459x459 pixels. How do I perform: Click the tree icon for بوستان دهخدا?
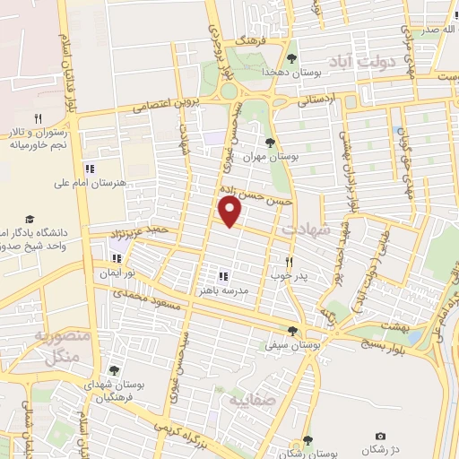tap(291, 59)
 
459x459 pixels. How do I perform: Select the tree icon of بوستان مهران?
tap(271, 142)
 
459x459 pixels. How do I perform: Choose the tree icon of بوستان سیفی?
tap(291, 331)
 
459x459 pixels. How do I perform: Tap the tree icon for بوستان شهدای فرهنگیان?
tap(114, 369)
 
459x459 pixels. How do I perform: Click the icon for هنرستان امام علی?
tap(88, 169)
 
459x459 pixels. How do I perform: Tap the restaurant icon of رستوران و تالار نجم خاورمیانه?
tap(38, 117)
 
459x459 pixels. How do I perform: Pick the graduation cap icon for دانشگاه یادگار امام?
tap(30, 219)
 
